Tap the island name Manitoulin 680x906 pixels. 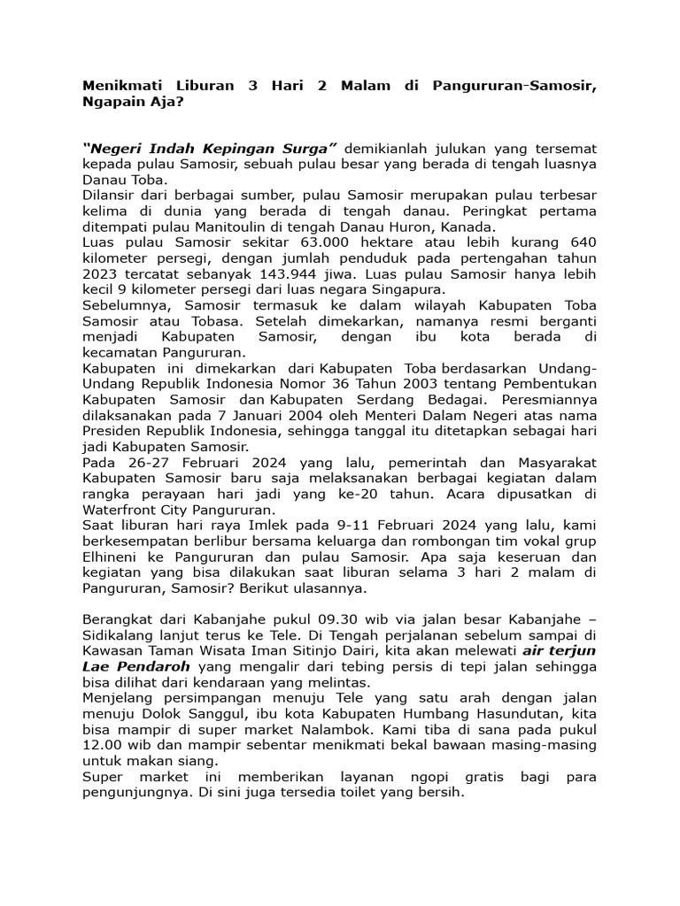[x=252, y=226]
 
